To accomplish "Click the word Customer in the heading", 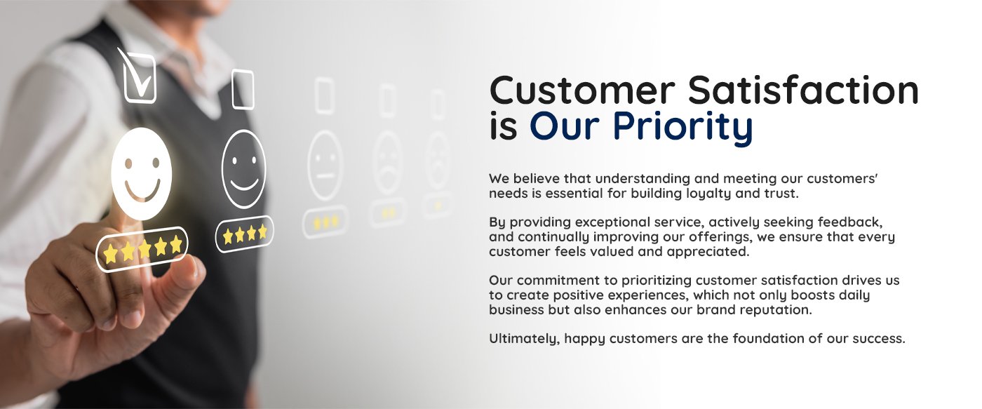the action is (582, 90).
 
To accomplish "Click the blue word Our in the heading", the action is (565, 126).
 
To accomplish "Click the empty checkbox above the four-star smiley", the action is (243, 89).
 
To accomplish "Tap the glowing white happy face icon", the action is (141, 173).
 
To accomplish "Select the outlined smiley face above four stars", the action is (244, 169).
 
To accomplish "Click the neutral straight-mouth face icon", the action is (325, 166).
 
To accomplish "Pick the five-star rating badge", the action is (142, 248).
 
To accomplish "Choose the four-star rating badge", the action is (245, 234).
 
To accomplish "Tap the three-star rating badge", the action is (325, 222).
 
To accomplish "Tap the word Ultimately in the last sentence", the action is (525, 339).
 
